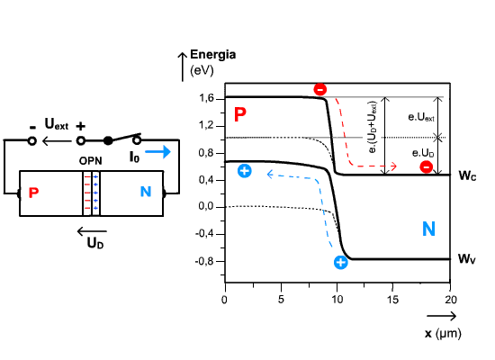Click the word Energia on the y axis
212,55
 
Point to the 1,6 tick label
206,98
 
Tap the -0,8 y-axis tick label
205,262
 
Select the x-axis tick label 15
392,300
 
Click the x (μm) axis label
443,333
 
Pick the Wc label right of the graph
467,175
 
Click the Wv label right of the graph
467,259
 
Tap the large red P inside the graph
240,114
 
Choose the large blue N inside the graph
428,229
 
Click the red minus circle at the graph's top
320,90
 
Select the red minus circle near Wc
427,166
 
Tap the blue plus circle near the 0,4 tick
244,171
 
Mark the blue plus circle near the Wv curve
340,263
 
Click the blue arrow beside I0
157,151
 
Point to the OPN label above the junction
90,161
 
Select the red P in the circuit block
34,193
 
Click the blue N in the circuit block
146,192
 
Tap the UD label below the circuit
95,243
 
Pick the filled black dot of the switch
108,140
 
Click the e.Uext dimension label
421,117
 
